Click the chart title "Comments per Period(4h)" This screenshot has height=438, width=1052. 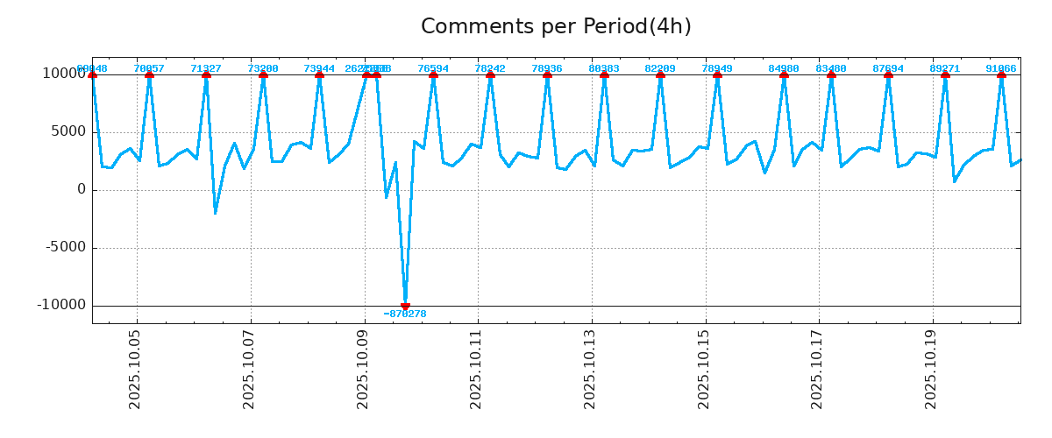tap(556, 27)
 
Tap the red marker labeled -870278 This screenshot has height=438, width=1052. tap(405, 306)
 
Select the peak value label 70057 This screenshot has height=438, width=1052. tap(149, 68)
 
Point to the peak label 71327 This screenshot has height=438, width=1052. tap(206, 68)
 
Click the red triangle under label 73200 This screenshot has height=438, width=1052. tap(263, 74)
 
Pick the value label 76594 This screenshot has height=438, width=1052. tap(433, 68)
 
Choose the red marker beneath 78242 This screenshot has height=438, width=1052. tap(490, 74)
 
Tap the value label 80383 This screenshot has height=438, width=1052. tap(604, 68)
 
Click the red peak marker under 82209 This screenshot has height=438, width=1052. tap(660, 74)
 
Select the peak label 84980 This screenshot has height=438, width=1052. tap(784, 68)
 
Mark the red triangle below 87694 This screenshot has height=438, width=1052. tap(888, 74)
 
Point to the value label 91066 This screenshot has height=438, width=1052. tap(1001, 68)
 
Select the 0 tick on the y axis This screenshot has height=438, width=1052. tap(82, 189)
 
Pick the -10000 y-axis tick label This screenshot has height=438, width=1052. tap(61, 305)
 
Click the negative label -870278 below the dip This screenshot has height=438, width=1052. tap(405, 314)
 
